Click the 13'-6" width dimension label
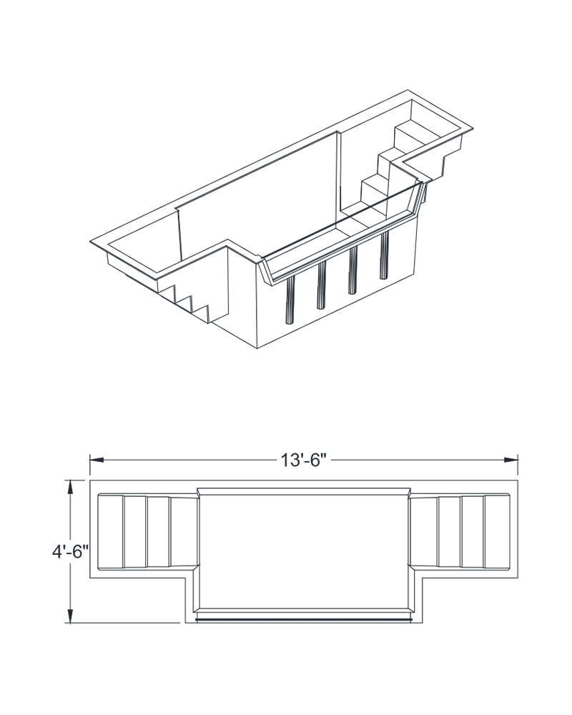[305, 460]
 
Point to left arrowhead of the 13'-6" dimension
[97, 460]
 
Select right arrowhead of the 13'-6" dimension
[511, 460]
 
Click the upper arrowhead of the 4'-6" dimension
[70, 488]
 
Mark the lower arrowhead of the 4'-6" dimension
[70, 616]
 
